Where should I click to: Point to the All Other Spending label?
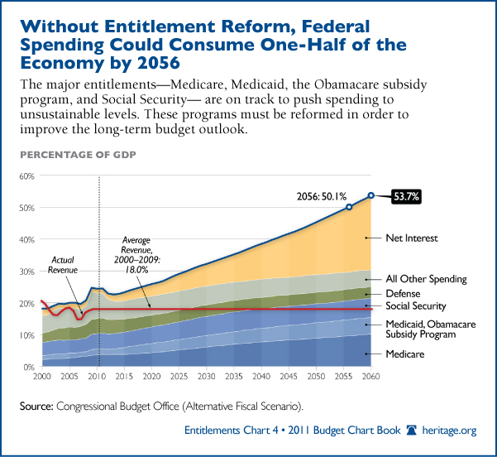point(427,279)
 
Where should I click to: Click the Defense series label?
point(403,293)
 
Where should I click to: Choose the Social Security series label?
point(418,306)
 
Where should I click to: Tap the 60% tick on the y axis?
point(27,176)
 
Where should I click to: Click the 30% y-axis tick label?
point(27,272)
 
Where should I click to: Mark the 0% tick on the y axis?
point(30,367)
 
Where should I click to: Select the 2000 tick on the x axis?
point(43,377)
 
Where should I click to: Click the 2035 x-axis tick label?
point(236,377)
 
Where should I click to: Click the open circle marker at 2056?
point(349,207)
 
